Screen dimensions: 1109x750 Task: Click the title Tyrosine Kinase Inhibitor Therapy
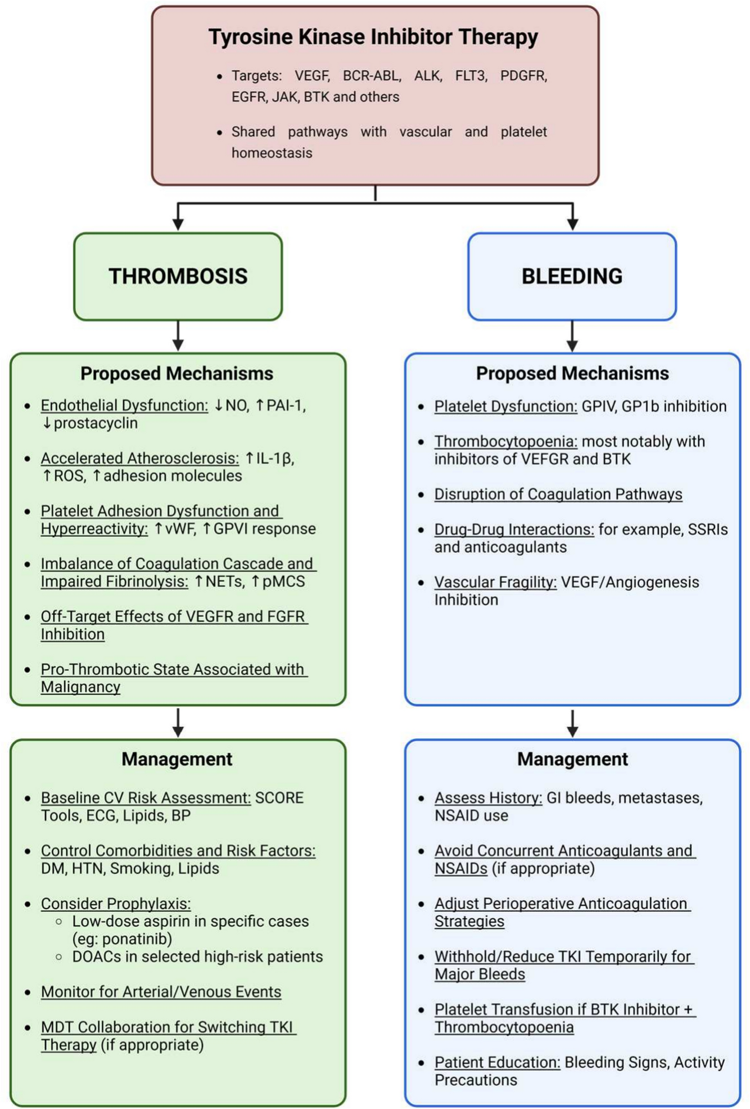(x=373, y=37)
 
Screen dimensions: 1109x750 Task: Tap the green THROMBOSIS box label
(x=178, y=276)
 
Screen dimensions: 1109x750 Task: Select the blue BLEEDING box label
(x=572, y=276)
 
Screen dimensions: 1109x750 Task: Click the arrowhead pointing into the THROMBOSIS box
(x=178, y=224)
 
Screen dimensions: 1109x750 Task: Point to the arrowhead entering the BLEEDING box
(x=572, y=224)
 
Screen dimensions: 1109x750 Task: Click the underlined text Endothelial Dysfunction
(x=124, y=405)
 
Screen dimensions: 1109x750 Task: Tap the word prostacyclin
(x=96, y=423)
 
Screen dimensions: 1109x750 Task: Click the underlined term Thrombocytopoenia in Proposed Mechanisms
(x=505, y=441)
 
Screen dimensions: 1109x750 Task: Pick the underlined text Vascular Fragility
(x=495, y=582)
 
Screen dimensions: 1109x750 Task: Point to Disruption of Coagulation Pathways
(x=558, y=494)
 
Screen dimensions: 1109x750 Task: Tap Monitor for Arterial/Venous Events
(x=161, y=991)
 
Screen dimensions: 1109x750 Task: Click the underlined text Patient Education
(x=497, y=1062)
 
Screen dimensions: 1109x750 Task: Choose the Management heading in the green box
(x=177, y=759)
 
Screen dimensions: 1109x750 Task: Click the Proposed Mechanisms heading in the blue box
(x=572, y=374)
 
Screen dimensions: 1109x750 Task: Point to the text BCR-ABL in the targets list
(x=372, y=75)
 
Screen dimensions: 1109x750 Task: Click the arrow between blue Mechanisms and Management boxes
(x=572, y=724)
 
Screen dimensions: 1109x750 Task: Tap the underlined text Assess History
(x=488, y=798)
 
